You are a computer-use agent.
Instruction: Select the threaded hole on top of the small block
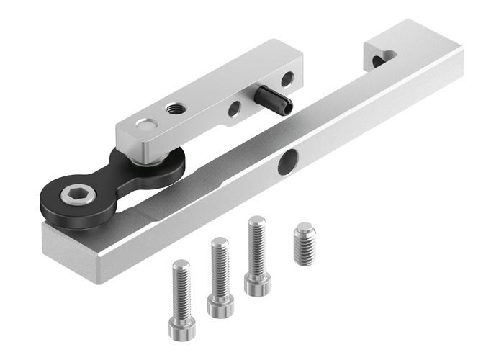[174, 109]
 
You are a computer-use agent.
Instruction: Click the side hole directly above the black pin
[287, 77]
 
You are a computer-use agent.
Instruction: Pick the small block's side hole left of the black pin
[234, 109]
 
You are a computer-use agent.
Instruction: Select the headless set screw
[305, 243]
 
